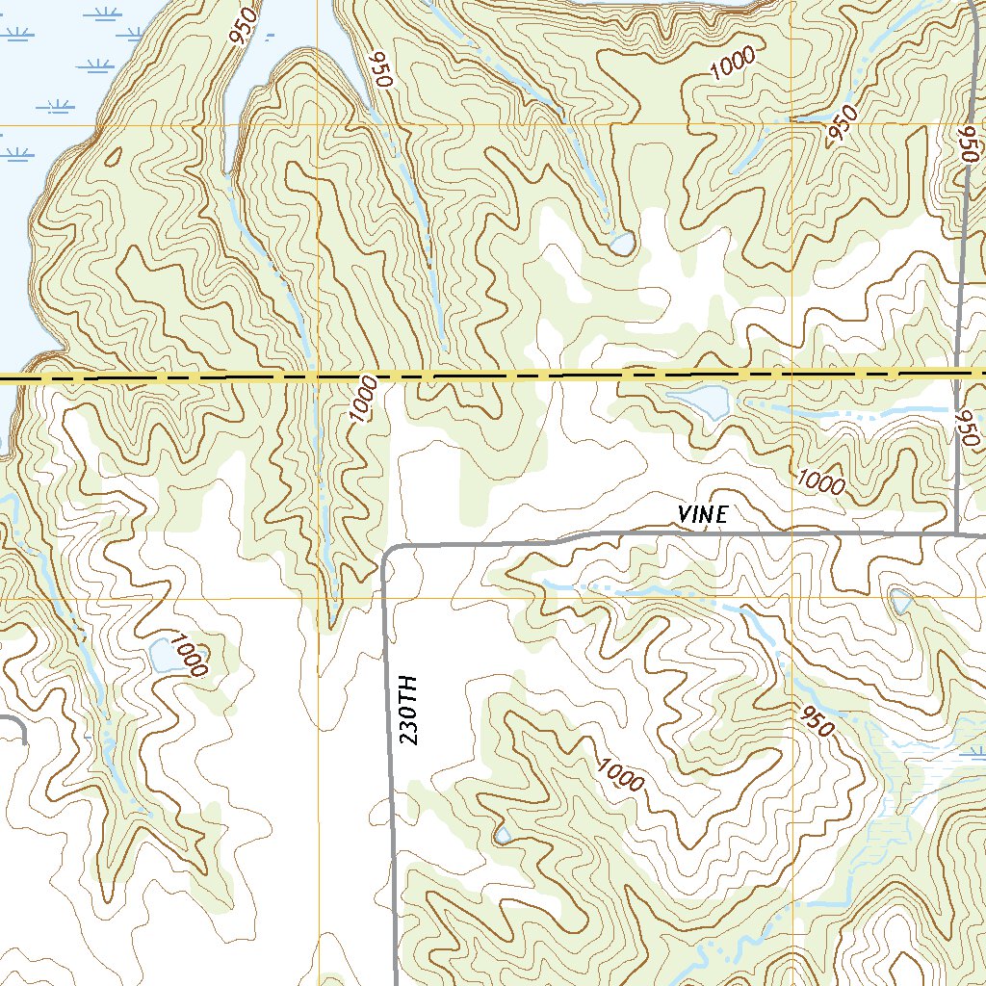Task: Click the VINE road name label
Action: coord(702,515)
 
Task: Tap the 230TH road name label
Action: coord(409,710)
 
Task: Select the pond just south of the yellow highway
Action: coord(700,401)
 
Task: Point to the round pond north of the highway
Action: coord(621,243)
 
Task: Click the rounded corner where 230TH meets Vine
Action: coord(388,554)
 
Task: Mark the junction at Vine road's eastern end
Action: coord(958,532)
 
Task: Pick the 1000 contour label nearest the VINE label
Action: coord(820,479)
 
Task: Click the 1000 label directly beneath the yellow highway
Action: coord(361,398)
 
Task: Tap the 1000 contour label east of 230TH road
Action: coord(619,773)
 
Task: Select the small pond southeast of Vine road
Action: coord(902,602)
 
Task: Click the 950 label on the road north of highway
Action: coord(968,145)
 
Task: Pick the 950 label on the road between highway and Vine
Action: coord(967,427)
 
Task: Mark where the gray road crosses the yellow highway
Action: coord(960,373)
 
